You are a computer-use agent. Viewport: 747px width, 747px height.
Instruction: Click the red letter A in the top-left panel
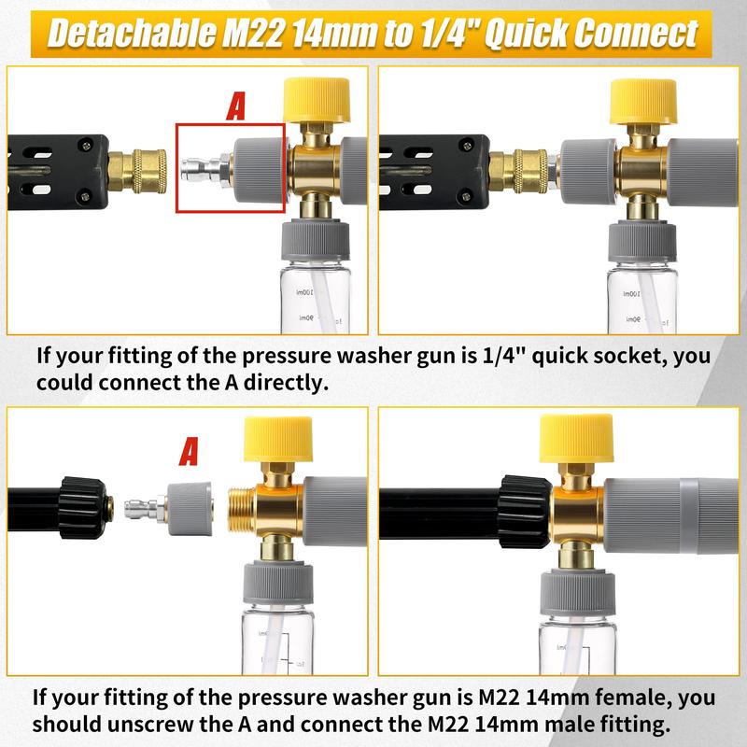click(237, 106)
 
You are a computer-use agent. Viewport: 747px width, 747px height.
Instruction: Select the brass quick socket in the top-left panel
click(138, 169)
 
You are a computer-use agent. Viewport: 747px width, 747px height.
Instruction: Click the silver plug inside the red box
click(203, 169)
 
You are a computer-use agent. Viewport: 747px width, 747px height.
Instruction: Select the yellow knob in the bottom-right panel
click(576, 443)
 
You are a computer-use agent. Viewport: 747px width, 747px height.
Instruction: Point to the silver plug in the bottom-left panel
click(141, 507)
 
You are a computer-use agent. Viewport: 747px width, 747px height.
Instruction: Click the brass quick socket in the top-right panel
click(525, 170)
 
